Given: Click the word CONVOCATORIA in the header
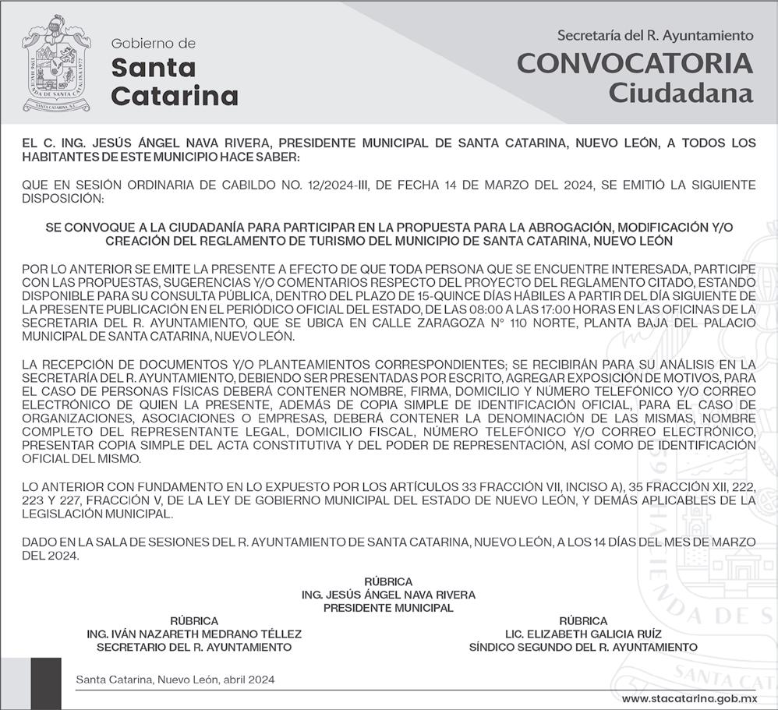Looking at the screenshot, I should pyautogui.click(x=635, y=64).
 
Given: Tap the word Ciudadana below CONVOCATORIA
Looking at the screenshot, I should pyautogui.click(x=681, y=94).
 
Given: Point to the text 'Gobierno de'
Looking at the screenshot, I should pyautogui.click(x=154, y=44).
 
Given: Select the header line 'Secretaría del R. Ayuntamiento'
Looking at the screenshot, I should pyautogui.click(x=655, y=35).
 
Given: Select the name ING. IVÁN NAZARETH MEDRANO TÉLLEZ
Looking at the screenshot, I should pyautogui.click(x=194, y=634).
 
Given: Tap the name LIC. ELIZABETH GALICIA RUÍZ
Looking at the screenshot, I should pyautogui.click(x=583, y=634).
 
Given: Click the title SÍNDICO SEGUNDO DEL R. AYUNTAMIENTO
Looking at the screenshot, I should pyautogui.click(x=583, y=648).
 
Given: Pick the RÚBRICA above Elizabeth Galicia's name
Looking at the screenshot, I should pyautogui.click(x=583, y=621).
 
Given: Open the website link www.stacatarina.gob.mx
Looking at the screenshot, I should pyautogui.click(x=689, y=698).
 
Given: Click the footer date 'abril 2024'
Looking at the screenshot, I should pyautogui.click(x=248, y=680).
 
